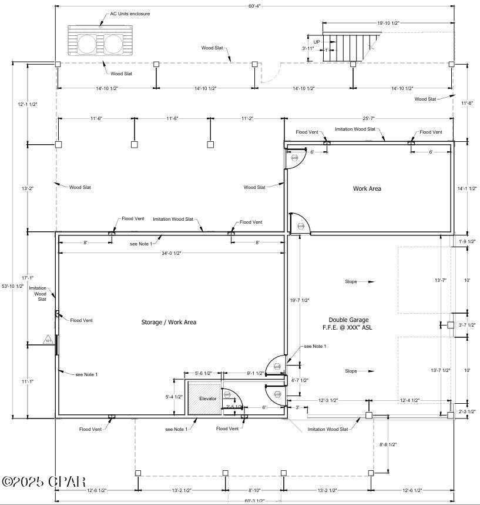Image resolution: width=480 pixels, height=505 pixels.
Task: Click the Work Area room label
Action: click(367, 188)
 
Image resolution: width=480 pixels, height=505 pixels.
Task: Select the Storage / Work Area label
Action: click(169, 322)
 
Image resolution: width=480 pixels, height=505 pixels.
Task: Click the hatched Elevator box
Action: click(204, 399)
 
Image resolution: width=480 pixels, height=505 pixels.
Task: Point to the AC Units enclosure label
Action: click(130, 14)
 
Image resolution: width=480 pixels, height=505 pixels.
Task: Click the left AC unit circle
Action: click(87, 44)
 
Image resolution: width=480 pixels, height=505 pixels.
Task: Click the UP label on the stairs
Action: click(317, 42)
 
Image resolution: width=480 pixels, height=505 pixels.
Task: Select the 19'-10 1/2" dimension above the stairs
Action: click(388, 23)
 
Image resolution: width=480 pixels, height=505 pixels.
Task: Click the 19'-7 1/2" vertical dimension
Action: click(299, 300)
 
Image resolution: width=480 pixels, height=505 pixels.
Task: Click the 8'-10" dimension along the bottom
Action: click(254, 490)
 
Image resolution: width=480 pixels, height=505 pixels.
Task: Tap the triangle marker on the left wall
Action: click(48, 340)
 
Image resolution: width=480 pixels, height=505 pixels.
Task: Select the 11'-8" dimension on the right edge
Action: click(467, 103)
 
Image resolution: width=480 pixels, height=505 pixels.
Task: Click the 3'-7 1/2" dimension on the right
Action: click(468, 325)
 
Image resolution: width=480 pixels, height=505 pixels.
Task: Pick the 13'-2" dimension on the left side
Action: click(28, 188)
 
